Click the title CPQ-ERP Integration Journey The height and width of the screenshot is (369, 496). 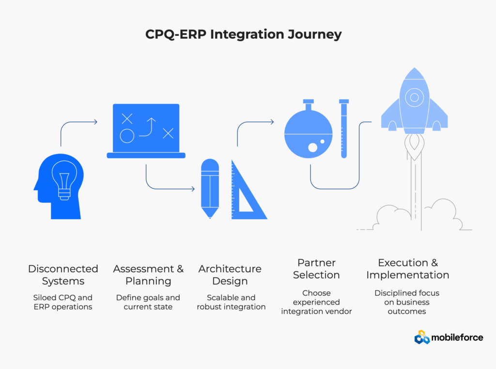pyautogui.click(x=244, y=34)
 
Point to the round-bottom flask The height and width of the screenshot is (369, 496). pyautogui.click(x=308, y=132)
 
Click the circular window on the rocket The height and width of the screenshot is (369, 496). pyautogui.click(x=414, y=97)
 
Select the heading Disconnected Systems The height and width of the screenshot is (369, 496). pyautogui.click(x=63, y=275)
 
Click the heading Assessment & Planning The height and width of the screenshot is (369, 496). pyautogui.click(x=148, y=275)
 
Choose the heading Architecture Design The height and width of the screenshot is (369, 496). pyautogui.click(x=230, y=275)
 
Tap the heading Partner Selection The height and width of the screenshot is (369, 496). pyautogui.click(x=316, y=269)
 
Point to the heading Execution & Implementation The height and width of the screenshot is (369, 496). pyautogui.click(x=408, y=269)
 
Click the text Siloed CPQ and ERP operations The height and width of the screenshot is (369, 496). pyautogui.click(x=63, y=302)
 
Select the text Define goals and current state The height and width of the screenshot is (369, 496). pyautogui.click(x=148, y=302)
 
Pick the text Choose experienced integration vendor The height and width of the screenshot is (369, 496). pyautogui.click(x=316, y=302)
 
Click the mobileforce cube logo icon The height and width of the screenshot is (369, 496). pyautogui.click(x=422, y=337)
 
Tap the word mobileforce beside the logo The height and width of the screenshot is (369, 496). pyautogui.click(x=458, y=337)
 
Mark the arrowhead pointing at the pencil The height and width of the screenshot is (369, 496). pyautogui.click(x=193, y=189)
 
